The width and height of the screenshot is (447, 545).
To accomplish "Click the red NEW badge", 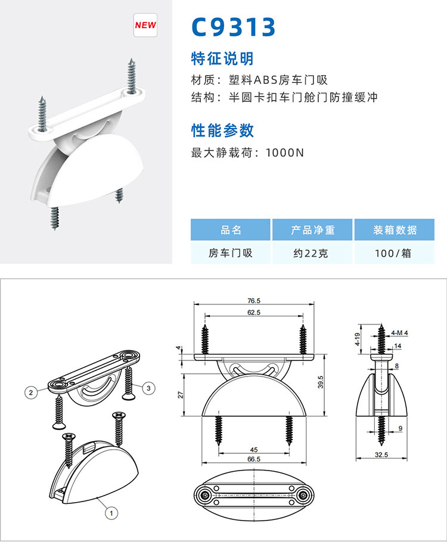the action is coord(145,25).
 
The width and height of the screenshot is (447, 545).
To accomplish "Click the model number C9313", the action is coord(234,27).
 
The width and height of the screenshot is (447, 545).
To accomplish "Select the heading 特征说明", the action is coord(222,58).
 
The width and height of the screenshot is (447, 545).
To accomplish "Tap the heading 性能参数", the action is coord(222,130).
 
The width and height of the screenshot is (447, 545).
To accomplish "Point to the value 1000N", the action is coord(284,152).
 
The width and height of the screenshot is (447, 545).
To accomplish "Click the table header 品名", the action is coord(231,230).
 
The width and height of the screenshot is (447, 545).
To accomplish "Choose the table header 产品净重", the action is coord(312,230).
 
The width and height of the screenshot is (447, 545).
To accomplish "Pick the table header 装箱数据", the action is coord(395,230).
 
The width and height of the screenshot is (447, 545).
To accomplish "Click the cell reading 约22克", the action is coord(311,253).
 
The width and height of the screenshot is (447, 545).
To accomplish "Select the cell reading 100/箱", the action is coord(393,253).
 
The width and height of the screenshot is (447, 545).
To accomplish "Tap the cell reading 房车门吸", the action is coord(230,253).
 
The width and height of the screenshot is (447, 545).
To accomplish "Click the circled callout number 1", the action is coord(111,513).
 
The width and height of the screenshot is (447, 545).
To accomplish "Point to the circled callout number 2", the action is coord(31,393).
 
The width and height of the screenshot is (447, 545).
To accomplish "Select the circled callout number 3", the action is coord(148,388).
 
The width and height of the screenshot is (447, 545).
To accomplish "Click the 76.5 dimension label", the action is coord(254,301).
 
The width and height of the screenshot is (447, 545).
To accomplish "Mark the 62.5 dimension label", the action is coord(254,313).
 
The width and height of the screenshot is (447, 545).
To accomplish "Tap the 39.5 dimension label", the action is coord(321,382).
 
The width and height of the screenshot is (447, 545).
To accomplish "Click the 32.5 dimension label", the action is coord(381,454).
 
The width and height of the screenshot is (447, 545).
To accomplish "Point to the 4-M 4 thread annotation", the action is coord(399,333).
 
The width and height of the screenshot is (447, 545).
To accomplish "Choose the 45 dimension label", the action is coord(254,450).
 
